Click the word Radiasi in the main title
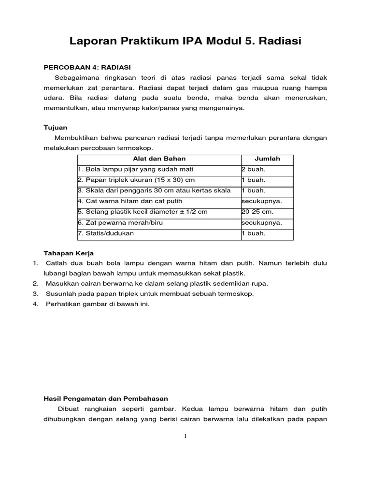[280, 42]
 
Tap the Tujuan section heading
[56, 128]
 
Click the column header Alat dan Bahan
[159, 159]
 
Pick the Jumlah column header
[267, 159]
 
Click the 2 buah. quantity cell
[254, 170]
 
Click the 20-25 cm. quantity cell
[257, 212]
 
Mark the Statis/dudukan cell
[106, 233]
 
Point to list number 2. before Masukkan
[35, 283]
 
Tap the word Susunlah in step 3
[60, 293]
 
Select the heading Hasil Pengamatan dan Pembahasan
[106, 399]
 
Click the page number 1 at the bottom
[185, 437]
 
